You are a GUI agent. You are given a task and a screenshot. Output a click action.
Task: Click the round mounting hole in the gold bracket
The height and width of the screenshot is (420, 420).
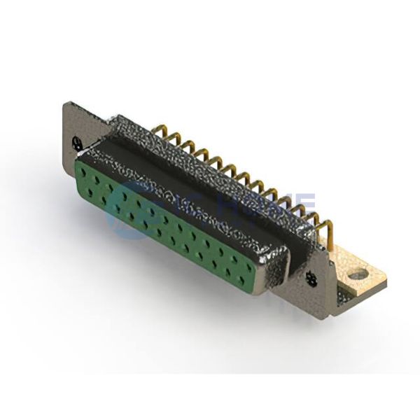point(357,274)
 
